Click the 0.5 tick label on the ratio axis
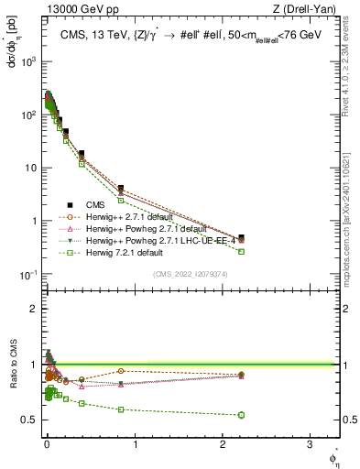(29, 420)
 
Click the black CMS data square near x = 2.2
(241, 238)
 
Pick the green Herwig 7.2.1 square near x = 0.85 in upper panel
(121, 200)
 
